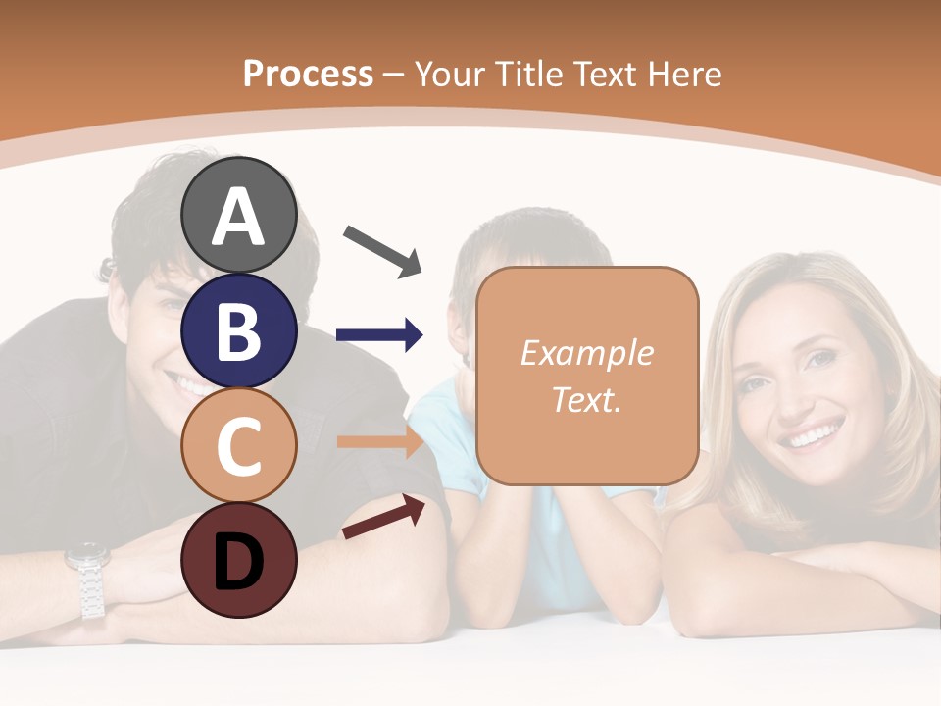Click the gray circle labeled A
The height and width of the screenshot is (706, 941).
point(238,216)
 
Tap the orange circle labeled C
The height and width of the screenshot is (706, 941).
point(238,446)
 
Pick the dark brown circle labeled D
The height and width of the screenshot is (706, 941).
point(238,560)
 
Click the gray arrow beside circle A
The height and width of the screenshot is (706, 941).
point(382,250)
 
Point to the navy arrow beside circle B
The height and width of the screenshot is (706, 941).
point(379,335)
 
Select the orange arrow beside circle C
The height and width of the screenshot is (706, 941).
point(379,441)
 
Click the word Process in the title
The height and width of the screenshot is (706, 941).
point(308,74)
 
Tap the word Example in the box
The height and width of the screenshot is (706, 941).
point(587,353)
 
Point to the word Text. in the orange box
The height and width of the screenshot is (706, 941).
point(587,399)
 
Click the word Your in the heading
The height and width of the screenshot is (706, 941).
point(450,74)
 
